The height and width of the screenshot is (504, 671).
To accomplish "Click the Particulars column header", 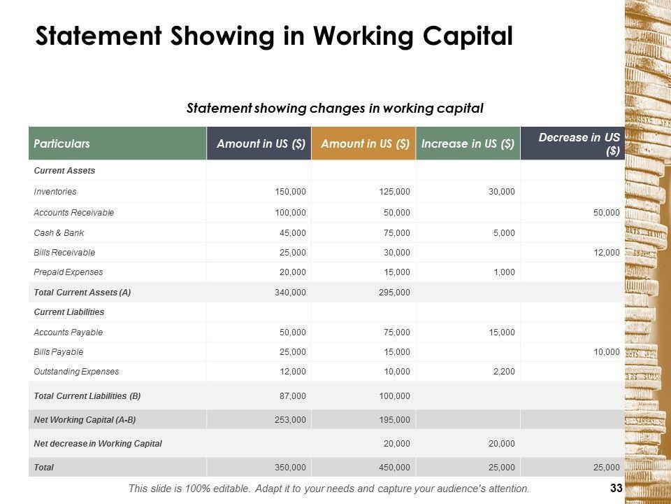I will pos(62,143).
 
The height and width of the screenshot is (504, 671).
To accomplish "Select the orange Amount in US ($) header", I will pos(364,143).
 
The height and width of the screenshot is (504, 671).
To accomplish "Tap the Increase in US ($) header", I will pos(468,143).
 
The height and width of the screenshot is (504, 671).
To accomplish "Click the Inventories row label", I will pos(55,191).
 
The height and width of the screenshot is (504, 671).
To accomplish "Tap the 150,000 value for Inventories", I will pos(290,191).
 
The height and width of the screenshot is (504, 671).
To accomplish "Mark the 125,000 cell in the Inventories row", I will pos(395,191).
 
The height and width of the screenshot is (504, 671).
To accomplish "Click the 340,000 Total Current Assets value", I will pos(290,293).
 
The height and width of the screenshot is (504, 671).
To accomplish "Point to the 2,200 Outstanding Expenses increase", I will pos(503,372).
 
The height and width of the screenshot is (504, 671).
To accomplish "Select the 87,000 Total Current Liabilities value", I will pos(292,396).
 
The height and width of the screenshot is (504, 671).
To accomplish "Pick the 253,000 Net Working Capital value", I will pos(290,419).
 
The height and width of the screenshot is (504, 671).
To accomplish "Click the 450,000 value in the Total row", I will pos(395,467).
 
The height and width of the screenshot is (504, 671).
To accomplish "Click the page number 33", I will pos(616,488).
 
